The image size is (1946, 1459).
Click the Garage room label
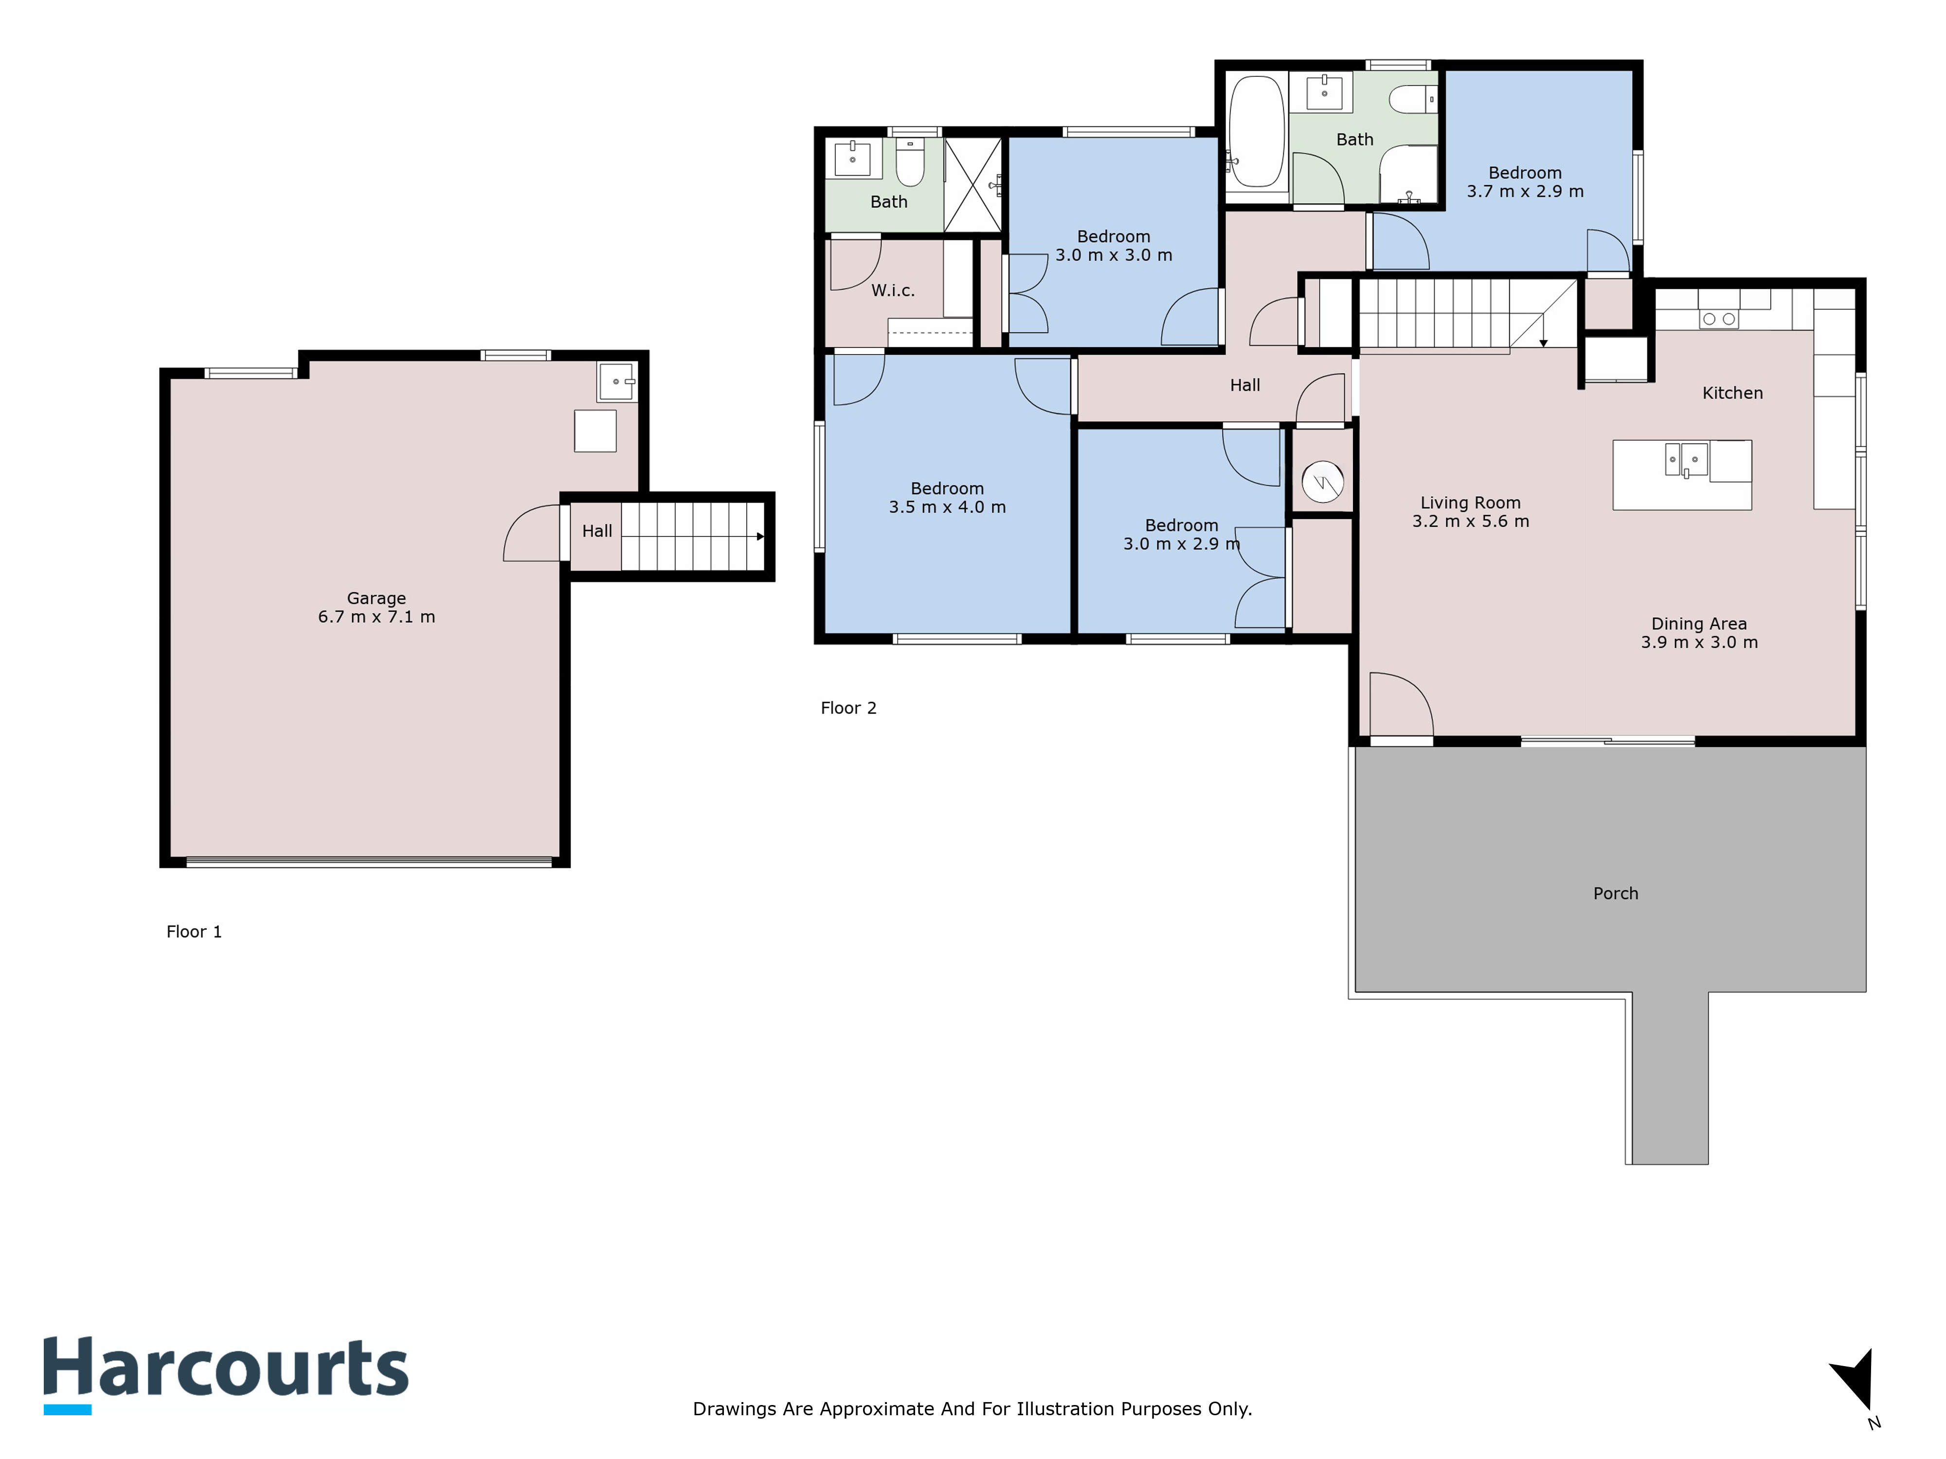point(377,598)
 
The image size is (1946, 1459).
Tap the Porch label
point(1615,893)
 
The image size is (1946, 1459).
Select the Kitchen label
point(1732,393)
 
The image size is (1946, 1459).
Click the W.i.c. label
point(893,290)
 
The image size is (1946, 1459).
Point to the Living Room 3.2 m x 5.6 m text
point(1470,512)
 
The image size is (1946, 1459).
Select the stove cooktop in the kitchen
point(1718,319)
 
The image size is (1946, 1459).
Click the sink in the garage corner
point(617,382)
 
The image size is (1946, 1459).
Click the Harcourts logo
point(226,1374)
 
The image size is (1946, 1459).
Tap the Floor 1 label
point(195,932)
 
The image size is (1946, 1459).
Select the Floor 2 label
point(848,708)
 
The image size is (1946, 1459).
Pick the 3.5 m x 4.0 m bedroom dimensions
point(948,507)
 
